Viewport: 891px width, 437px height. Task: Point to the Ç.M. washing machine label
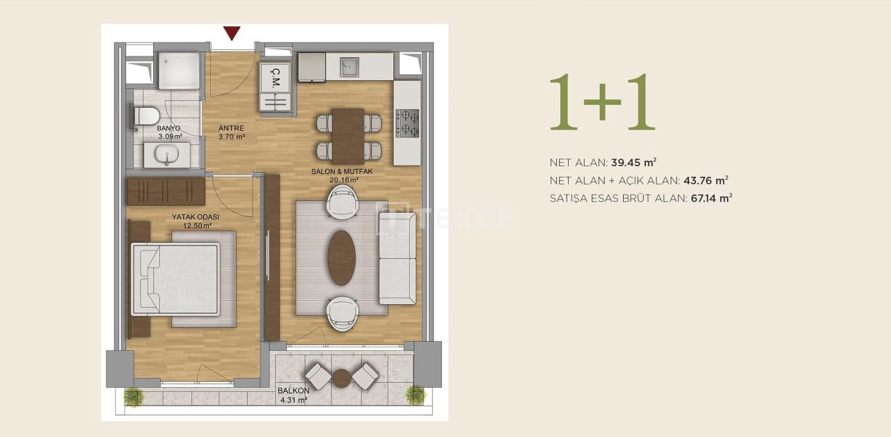(x=276, y=74)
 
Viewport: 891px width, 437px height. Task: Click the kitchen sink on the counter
(x=349, y=67)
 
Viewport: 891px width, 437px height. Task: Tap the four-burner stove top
(x=407, y=123)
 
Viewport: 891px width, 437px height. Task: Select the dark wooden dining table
(x=349, y=136)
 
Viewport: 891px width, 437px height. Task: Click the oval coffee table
(x=342, y=257)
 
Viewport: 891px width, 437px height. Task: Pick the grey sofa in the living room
(x=397, y=257)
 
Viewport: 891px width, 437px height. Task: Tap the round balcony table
(x=342, y=378)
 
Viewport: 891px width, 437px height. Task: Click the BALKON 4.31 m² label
(x=293, y=395)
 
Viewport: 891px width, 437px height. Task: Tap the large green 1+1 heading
(x=602, y=102)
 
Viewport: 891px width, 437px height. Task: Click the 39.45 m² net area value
(x=633, y=163)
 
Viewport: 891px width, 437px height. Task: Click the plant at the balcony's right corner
(x=416, y=395)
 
